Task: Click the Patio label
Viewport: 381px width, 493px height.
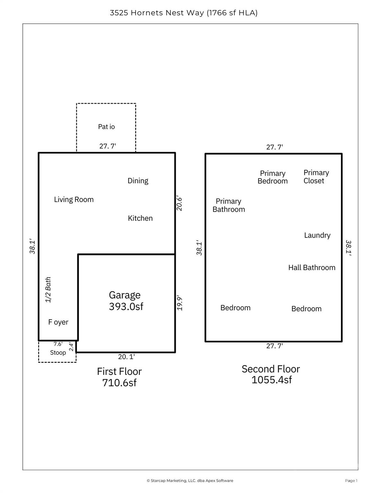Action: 106,127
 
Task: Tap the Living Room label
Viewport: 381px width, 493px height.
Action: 74,200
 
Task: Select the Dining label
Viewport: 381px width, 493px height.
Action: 138,181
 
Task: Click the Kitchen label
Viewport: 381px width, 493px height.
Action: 140,218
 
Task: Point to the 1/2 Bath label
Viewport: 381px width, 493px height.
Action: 48,290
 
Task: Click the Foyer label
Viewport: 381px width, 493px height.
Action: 58,322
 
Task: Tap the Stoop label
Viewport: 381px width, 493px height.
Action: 58,353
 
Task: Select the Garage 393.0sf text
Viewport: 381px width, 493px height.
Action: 126,301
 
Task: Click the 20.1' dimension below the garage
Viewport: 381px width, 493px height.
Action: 126,357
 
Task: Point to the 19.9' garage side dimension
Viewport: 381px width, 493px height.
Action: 180,303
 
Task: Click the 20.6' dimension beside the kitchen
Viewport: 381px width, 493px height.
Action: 179,203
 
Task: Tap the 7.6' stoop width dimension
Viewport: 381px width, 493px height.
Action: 58,344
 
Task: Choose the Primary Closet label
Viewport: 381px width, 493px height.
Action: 316,177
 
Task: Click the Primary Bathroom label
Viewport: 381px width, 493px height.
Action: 229,205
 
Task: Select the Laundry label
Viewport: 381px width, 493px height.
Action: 317,236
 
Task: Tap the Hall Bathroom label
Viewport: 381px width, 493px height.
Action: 312,268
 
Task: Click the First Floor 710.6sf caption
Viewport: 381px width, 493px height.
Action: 119,377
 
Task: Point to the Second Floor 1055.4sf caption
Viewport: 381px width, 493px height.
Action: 271,374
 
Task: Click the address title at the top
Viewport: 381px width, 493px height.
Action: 184,13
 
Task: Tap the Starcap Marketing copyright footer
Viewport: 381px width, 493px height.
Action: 190,480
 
